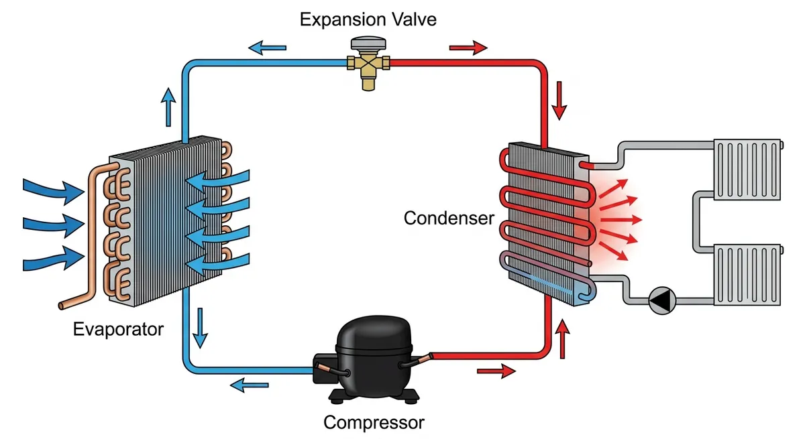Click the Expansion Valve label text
pos(368,19)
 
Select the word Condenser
pos(449,218)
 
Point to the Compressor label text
pos(374,423)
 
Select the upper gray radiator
pos(747,170)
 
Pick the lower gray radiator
pos(747,274)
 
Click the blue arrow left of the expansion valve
pos(268,48)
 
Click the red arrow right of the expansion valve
pos(468,48)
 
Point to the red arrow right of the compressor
pos(496,371)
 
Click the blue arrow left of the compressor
pos(250,385)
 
